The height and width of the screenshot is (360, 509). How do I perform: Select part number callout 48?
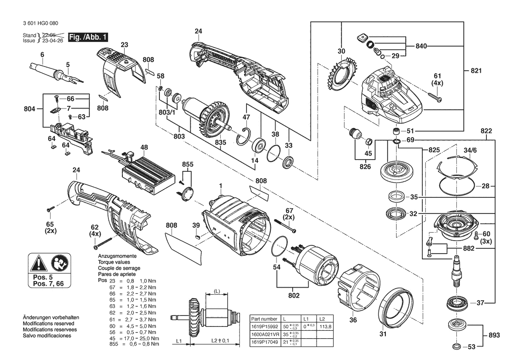pyautogui.click(x=144, y=147)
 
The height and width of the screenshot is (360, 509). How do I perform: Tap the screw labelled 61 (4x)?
pyautogui.click(x=435, y=98)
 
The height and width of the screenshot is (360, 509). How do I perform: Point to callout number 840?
pyautogui.click(x=422, y=45)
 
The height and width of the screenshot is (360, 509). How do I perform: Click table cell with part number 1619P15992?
pyautogui.click(x=264, y=326)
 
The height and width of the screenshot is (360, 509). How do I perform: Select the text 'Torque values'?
pyautogui.click(x=114, y=262)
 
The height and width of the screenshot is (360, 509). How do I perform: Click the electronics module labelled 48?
pyautogui.click(x=144, y=174)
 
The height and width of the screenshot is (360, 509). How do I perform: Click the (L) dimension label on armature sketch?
pyautogui.click(x=217, y=291)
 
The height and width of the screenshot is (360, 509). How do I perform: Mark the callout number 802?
pyautogui.click(x=294, y=296)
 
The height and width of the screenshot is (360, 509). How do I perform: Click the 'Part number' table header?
pyautogui.click(x=264, y=319)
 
